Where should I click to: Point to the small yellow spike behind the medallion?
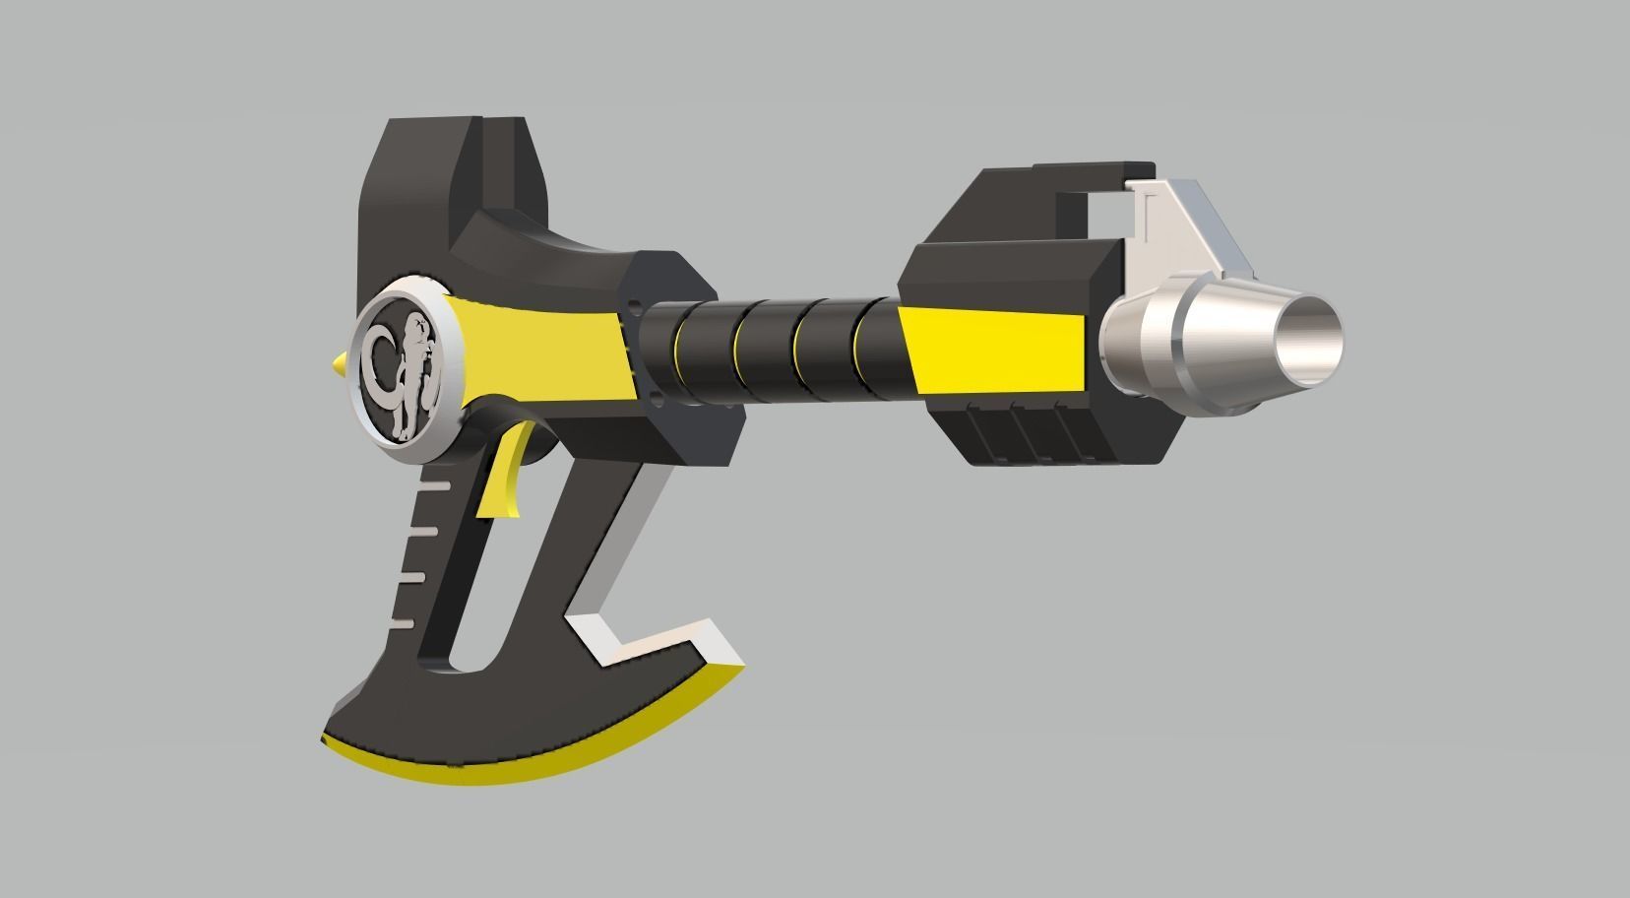coord(339,366)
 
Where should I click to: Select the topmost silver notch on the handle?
coord(432,486)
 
